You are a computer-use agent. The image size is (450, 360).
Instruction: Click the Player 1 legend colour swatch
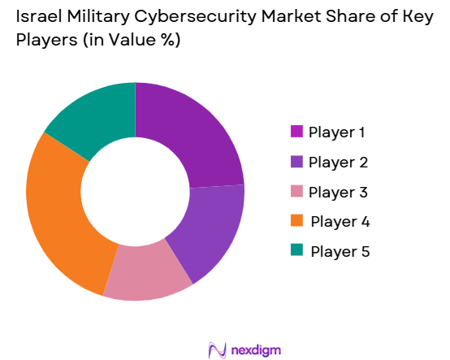click(296, 132)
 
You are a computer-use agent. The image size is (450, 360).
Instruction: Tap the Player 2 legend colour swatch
click(296, 162)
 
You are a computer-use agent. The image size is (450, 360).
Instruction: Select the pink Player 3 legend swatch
click(296, 192)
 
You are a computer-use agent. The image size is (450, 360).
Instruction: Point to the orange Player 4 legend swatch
click(296, 221)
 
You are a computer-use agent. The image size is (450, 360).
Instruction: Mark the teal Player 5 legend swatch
click(296, 251)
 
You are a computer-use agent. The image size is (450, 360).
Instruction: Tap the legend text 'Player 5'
click(340, 251)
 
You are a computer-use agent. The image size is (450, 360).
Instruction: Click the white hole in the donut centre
click(135, 191)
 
